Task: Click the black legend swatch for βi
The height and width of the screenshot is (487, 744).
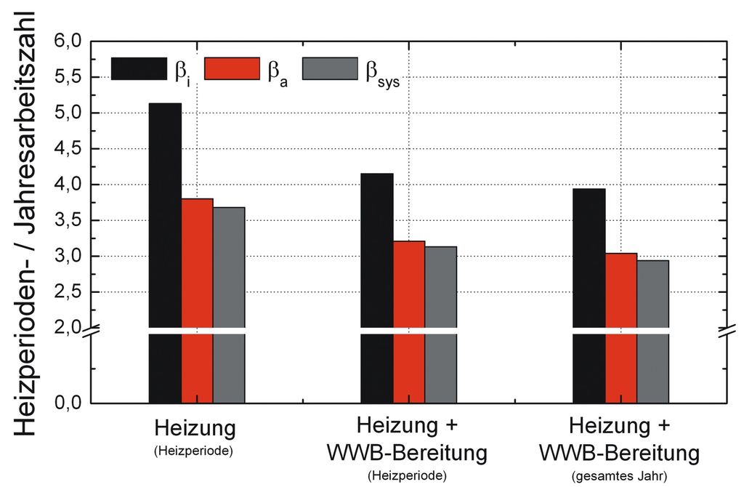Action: click(139, 69)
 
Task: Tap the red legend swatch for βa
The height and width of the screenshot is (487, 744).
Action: click(232, 69)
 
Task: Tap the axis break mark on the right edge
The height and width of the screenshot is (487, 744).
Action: click(726, 332)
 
